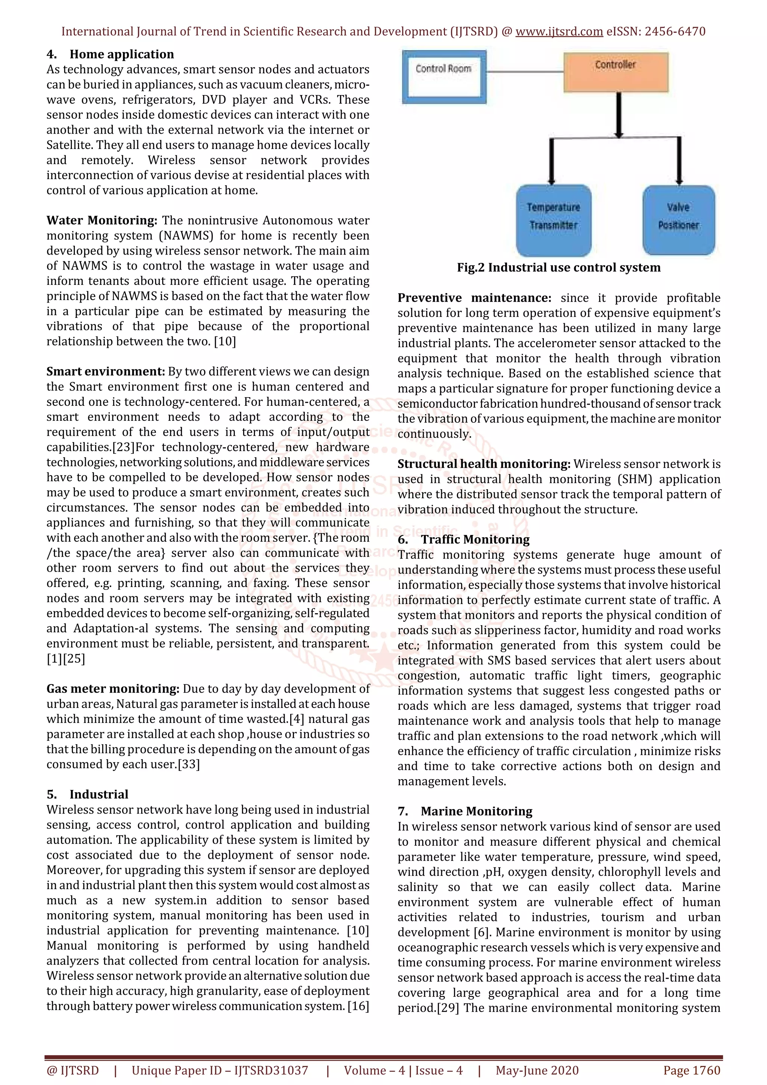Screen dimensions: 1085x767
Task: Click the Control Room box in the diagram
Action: (x=443, y=77)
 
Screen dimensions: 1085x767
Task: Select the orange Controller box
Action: (x=615, y=72)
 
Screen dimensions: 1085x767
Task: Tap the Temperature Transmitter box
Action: (x=553, y=220)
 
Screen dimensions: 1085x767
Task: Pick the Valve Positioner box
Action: (x=678, y=220)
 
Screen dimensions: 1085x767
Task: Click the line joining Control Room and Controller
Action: (x=525, y=72)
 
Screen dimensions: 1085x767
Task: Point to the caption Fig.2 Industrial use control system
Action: (x=558, y=267)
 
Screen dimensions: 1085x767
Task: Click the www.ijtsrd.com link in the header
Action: (x=559, y=32)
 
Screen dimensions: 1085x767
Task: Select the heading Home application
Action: (x=121, y=54)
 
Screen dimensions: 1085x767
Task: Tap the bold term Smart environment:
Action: (x=105, y=372)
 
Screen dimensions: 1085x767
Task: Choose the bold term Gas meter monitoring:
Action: (x=112, y=689)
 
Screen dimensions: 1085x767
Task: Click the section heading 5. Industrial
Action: (x=87, y=794)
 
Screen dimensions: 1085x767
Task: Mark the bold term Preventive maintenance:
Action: (x=474, y=298)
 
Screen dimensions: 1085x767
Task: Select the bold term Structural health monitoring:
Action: (x=483, y=464)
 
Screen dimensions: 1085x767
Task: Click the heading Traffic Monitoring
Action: (x=475, y=540)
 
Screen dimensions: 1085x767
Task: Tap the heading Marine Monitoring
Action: (x=476, y=811)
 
